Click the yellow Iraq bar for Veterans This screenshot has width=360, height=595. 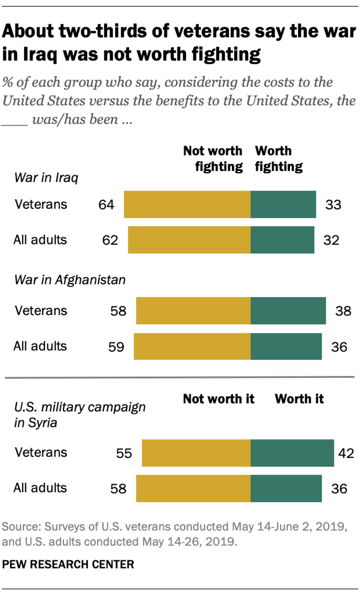(187, 204)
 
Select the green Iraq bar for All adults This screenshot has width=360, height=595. (282, 240)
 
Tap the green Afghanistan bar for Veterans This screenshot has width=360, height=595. (288, 311)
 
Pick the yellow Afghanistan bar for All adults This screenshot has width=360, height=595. (192, 347)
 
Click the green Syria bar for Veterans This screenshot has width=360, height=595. (292, 453)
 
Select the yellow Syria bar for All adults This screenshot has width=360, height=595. (193, 488)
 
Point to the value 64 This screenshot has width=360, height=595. (106, 205)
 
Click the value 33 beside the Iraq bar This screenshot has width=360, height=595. (333, 205)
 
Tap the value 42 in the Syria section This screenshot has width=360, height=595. (346, 453)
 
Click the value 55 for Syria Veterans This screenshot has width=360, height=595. (124, 453)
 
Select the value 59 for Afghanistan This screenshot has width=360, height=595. (116, 347)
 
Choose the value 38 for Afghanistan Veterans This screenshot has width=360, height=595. (343, 311)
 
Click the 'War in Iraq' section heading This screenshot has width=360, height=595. (46, 178)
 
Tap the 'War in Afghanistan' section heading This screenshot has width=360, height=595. (70, 280)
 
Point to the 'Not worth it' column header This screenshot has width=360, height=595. (219, 399)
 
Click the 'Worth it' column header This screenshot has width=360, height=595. (299, 399)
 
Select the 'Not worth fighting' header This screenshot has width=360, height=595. (213, 159)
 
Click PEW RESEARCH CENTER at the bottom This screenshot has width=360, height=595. (68, 564)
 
